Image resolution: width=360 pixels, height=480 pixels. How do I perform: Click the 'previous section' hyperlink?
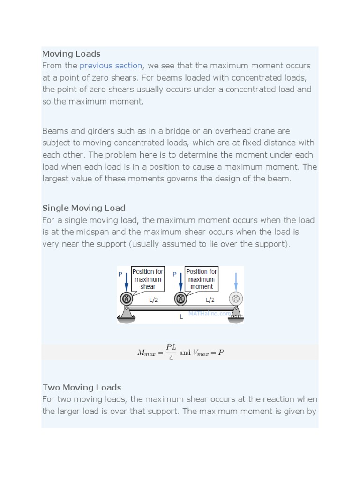point(111,66)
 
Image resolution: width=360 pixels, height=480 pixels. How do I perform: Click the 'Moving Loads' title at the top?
point(71,54)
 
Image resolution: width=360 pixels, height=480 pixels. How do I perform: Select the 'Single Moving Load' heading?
point(84,208)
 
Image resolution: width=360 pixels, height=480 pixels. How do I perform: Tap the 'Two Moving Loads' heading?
point(82,388)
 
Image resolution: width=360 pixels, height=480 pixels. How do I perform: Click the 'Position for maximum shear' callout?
point(148,279)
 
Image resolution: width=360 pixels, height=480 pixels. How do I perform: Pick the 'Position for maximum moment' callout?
point(202,279)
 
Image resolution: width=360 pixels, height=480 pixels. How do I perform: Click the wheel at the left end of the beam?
point(127,299)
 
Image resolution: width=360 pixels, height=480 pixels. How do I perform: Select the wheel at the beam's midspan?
point(180,299)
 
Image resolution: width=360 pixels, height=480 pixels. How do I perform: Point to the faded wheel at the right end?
point(235,299)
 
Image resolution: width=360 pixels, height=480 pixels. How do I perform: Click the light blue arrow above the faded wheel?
point(236,281)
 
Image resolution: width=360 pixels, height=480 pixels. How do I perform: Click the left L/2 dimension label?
point(153,300)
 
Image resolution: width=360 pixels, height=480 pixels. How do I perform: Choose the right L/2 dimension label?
point(210,300)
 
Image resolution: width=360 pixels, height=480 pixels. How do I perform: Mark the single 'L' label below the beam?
point(181,317)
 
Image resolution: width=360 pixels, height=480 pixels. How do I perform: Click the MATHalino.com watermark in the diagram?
point(209,313)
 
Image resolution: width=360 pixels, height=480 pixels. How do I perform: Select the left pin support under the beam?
point(127,314)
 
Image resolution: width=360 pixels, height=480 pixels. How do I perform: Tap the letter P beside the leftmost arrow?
point(120,275)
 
